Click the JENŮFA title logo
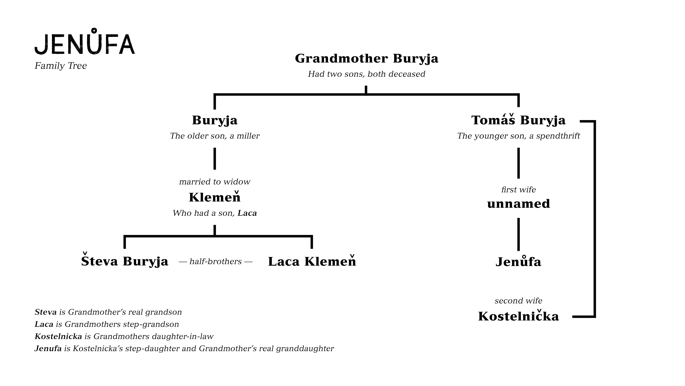point(85,42)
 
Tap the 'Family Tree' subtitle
point(61,66)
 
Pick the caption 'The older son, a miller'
point(215,136)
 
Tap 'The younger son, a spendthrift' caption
point(518,136)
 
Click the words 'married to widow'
point(215,182)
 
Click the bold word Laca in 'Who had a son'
point(247,213)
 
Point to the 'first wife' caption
point(518,190)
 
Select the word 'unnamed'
point(518,204)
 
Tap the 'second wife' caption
point(518,301)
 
